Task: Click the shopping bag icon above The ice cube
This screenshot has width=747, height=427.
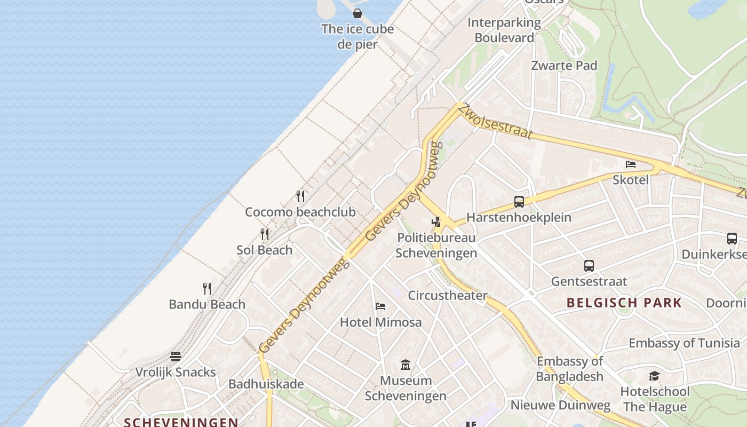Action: pyautogui.click(x=357, y=13)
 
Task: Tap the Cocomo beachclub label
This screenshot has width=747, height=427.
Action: pyautogui.click(x=300, y=212)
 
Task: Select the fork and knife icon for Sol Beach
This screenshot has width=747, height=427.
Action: pyautogui.click(x=264, y=234)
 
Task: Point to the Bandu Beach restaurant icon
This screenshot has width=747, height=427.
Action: pyautogui.click(x=207, y=289)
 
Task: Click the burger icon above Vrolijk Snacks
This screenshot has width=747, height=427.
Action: pyautogui.click(x=176, y=357)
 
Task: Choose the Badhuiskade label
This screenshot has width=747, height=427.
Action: pyautogui.click(x=266, y=384)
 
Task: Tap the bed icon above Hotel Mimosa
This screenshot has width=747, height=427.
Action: pyautogui.click(x=380, y=306)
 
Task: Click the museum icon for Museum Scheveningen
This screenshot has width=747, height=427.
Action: pyautogui.click(x=406, y=365)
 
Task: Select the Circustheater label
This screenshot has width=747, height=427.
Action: pyautogui.click(x=447, y=295)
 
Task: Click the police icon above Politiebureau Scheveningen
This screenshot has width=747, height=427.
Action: pyautogui.click(x=436, y=222)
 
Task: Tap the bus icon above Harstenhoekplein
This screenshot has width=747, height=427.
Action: pyautogui.click(x=519, y=202)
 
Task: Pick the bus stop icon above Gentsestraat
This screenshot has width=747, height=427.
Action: pyautogui.click(x=589, y=265)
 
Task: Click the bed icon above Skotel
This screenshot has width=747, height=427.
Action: pyautogui.click(x=631, y=164)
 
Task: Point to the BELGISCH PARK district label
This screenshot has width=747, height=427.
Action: pyautogui.click(x=624, y=303)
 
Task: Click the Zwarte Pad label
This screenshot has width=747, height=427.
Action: pyautogui.click(x=564, y=65)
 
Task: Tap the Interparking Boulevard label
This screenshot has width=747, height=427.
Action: pyautogui.click(x=504, y=30)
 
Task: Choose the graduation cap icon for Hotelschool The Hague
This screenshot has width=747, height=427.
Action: pyautogui.click(x=655, y=376)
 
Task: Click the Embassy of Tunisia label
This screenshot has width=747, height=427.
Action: pyautogui.click(x=684, y=343)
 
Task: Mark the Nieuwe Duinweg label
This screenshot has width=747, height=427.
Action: pyautogui.click(x=560, y=405)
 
